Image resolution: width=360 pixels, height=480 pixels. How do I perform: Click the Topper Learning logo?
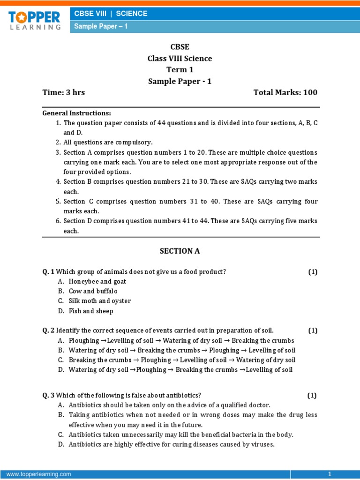click(34, 20)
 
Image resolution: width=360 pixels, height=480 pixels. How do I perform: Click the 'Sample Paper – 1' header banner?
click(101, 27)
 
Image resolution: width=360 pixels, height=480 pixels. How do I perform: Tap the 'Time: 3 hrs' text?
click(64, 92)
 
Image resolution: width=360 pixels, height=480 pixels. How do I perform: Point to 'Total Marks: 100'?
click(285, 92)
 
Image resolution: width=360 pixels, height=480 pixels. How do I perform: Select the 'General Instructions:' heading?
click(77, 113)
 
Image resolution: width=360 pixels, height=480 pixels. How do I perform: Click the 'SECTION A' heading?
click(180, 251)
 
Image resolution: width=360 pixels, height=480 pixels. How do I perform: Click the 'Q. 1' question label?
click(49, 272)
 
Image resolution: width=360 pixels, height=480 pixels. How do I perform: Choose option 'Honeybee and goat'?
click(97, 282)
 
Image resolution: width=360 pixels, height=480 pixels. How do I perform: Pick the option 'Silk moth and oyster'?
click(100, 301)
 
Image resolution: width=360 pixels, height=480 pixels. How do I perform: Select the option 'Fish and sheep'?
click(91, 311)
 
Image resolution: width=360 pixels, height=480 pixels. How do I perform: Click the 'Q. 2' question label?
click(49, 330)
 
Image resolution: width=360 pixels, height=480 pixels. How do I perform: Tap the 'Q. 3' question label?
click(49, 395)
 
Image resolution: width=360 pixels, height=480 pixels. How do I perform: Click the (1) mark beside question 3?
click(312, 395)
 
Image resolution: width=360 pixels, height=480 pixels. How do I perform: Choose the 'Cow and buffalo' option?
click(93, 291)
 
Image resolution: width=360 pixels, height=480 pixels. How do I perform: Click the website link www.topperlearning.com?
click(38, 474)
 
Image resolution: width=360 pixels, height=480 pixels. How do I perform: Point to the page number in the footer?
click(330, 474)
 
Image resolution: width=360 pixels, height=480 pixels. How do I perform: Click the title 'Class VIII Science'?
click(180, 59)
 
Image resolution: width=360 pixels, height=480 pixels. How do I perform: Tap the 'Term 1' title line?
click(180, 70)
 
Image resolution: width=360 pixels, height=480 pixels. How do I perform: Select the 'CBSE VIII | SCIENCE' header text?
click(111, 14)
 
